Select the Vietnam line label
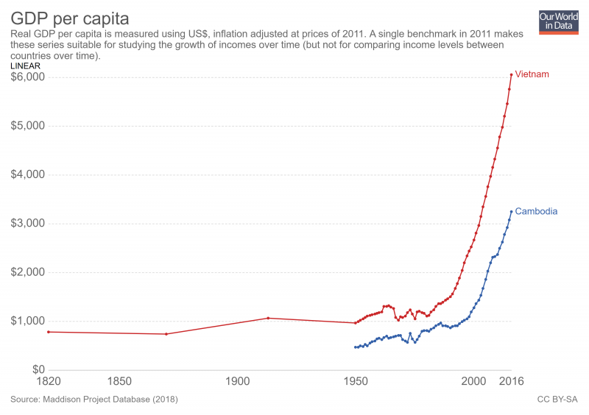click(532, 75)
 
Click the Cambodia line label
click(536, 211)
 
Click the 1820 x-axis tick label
click(49, 382)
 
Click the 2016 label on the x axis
click(510, 382)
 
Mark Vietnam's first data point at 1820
click(49, 332)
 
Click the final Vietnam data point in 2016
click(511, 74)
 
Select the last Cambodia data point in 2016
click(511, 212)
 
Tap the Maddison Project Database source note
click(94, 400)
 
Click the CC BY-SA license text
click(557, 400)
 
